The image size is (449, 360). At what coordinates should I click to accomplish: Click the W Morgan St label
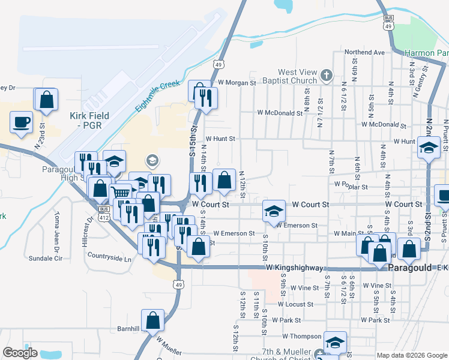click(x=237, y=82)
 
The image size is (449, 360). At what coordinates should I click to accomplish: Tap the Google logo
click(x=20, y=353)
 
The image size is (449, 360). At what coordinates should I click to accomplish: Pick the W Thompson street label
click(x=302, y=337)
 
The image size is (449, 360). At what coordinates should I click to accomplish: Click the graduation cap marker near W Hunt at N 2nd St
click(x=429, y=147)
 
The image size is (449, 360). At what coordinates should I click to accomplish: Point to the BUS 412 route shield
click(x=104, y=212)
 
